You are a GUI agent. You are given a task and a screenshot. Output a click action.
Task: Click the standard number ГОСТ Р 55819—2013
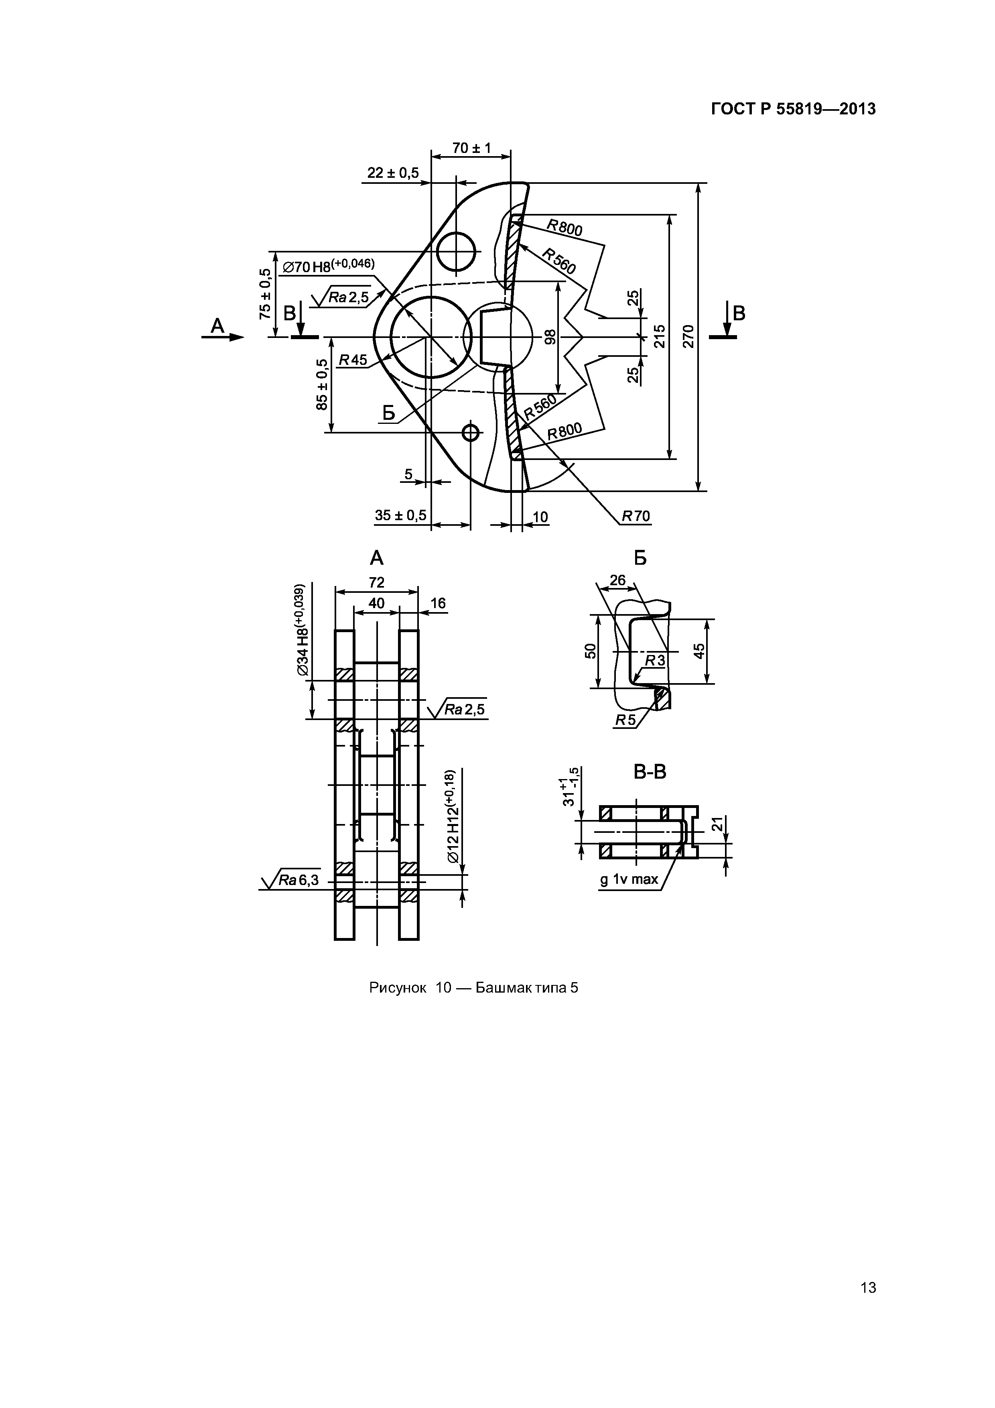point(793,109)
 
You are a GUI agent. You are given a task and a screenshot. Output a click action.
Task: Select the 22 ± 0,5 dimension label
point(393,173)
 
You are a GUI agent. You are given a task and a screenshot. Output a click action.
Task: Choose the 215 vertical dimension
point(660,336)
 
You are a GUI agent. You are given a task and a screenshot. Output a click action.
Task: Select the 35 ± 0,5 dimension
point(400,515)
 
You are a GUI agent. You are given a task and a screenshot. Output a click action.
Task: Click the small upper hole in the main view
point(457,251)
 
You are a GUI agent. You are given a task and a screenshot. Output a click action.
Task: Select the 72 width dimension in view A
point(376,582)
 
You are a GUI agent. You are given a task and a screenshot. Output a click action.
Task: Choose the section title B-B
point(650,771)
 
